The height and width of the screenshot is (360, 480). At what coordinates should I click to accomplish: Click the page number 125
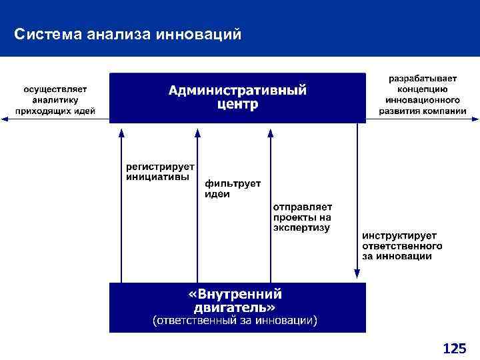pyautogui.click(x=454, y=348)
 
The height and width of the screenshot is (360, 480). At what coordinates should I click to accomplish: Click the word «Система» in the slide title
pyautogui.click(x=48, y=33)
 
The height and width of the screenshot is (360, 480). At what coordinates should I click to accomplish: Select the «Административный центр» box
pyautogui.click(x=237, y=97)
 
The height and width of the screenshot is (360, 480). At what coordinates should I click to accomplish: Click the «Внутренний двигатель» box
pyautogui.click(x=237, y=307)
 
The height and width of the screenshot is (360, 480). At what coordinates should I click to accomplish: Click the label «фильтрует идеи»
pyautogui.click(x=232, y=188)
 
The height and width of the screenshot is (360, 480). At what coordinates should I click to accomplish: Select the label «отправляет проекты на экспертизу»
pyautogui.click(x=302, y=217)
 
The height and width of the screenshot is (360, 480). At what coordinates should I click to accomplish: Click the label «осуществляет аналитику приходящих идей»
pyautogui.click(x=55, y=100)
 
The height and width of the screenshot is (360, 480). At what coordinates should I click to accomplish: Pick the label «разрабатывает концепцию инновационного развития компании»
pyautogui.click(x=423, y=95)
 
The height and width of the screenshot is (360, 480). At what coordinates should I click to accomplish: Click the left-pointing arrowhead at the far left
pyautogui.click(x=5, y=119)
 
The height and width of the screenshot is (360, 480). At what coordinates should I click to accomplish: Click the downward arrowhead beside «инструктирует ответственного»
pyautogui.click(x=357, y=273)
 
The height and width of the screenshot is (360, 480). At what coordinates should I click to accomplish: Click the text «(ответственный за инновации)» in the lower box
pyautogui.click(x=235, y=321)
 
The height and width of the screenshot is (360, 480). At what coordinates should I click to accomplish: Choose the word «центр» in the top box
pyautogui.click(x=237, y=105)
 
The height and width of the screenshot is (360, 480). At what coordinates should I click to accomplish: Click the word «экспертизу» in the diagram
pyautogui.click(x=301, y=227)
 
